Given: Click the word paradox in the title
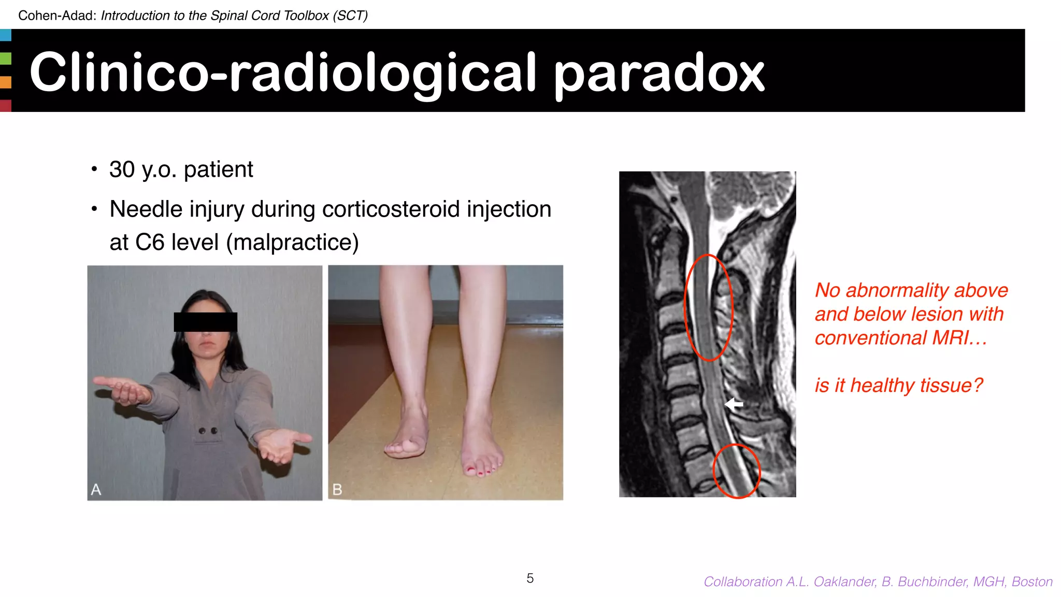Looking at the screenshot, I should pos(659,74).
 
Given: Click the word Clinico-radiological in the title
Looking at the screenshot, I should pos(282,74).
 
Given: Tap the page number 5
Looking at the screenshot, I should pos(530,578).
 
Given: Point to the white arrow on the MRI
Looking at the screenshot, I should pos(734,404).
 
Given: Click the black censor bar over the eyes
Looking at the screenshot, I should pos(205,322).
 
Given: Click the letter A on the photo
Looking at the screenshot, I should pos(96,489).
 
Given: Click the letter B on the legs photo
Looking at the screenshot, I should pos(337,489).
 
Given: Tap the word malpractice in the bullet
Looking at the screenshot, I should pos(293,243).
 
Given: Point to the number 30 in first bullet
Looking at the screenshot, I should pos(122,170).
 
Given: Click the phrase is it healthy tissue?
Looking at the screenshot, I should pos(898,386).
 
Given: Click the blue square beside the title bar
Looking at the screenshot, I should pos(5,35).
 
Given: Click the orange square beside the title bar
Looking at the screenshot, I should pos(5,82).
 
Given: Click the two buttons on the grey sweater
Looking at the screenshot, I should pos(208,431).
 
